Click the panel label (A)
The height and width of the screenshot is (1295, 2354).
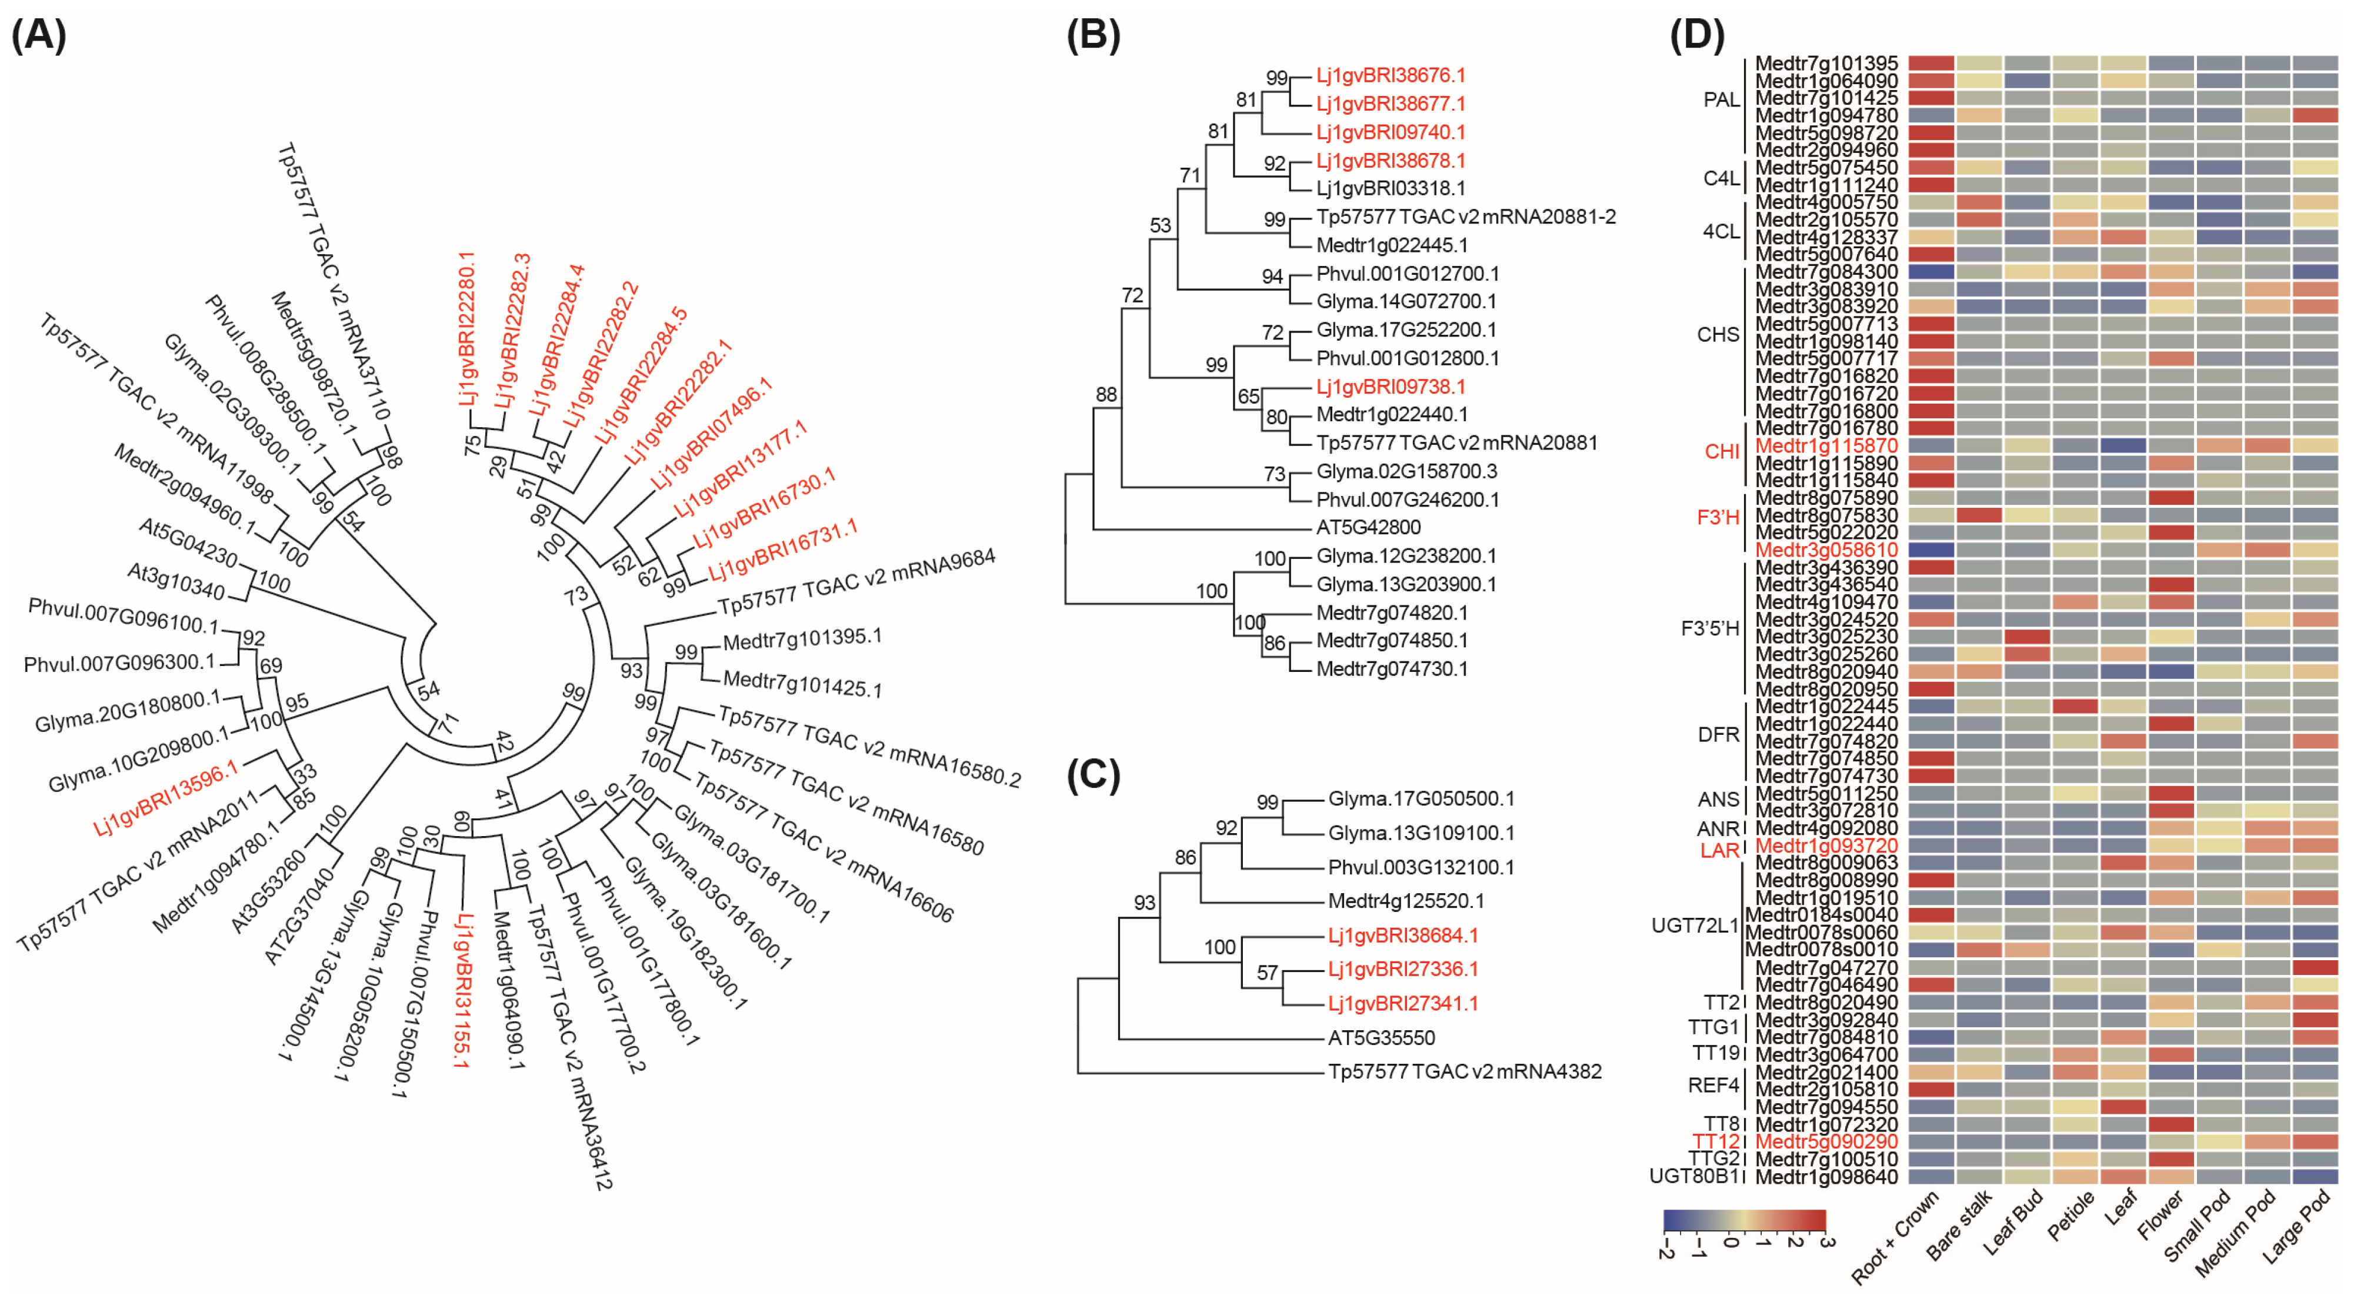[38, 36]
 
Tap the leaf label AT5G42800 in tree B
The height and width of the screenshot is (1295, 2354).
[1368, 527]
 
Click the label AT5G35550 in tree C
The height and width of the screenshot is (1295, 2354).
[1381, 1037]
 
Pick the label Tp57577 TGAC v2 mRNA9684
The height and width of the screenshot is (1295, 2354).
[856, 581]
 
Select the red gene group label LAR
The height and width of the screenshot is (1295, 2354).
[1719, 851]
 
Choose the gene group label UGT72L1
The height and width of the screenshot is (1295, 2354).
[1693, 925]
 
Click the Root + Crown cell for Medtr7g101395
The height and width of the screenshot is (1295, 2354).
[1931, 63]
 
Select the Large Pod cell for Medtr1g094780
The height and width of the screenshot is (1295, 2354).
[2315, 115]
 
